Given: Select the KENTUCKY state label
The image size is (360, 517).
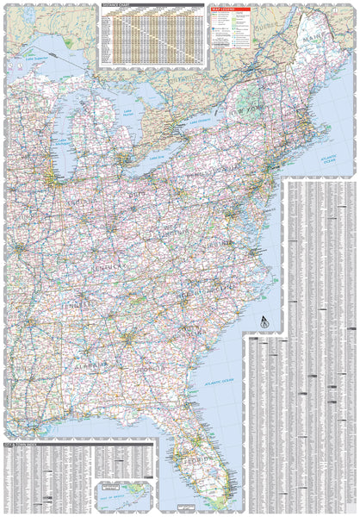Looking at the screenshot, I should click(x=105, y=271).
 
